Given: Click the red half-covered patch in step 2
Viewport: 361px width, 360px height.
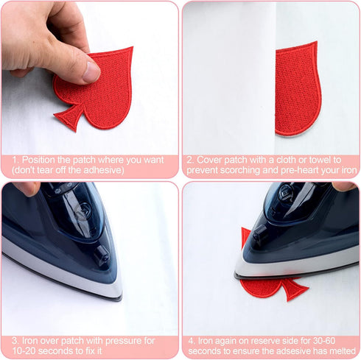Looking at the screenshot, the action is click(x=298, y=89).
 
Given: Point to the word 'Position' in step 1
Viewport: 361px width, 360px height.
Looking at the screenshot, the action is click(x=38, y=160).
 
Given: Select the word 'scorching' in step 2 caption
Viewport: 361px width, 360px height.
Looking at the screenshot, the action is click(x=239, y=170).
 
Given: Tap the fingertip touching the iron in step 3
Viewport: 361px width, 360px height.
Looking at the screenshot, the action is click(x=28, y=188).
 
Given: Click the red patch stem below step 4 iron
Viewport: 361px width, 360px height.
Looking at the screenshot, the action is click(x=295, y=289).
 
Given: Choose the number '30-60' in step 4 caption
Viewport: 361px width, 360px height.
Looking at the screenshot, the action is click(x=324, y=341).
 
